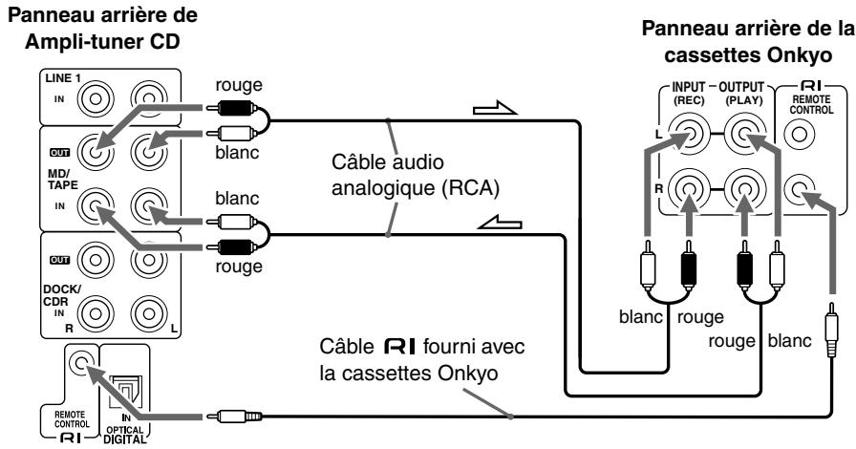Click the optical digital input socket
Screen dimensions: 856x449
pyautogui.click(x=125, y=392)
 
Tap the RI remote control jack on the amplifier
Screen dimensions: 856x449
pyautogui.click(x=80, y=363)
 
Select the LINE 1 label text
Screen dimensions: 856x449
pyautogui.click(x=63, y=78)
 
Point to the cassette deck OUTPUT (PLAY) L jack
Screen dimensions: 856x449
pyautogui.click(x=743, y=133)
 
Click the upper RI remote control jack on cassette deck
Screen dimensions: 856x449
pyautogui.click(x=800, y=133)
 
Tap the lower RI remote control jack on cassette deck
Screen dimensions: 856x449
pyautogui.click(x=800, y=189)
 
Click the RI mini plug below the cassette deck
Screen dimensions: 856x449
pyautogui.click(x=831, y=330)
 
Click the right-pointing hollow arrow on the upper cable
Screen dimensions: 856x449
pyautogui.click(x=494, y=109)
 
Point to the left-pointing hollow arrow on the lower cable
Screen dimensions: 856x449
pyautogui.click(x=500, y=223)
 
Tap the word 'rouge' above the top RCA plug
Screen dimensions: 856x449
pyautogui.click(x=239, y=85)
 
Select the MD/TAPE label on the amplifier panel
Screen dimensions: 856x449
pyautogui.click(x=62, y=179)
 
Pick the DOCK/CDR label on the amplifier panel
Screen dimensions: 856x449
pyautogui.click(x=61, y=294)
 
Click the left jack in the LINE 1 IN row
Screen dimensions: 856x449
pyautogui.click(x=96, y=99)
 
